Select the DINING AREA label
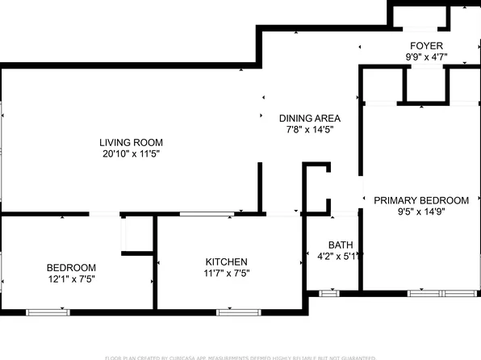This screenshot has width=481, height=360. pyautogui.click(x=310, y=117)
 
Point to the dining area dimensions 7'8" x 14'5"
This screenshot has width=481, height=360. pyautogui.click(x=310, y=129)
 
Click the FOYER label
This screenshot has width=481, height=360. pyautogui.click(x=426, y=46)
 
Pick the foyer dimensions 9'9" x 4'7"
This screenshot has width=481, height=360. pyautogui.click(x=426, y=58)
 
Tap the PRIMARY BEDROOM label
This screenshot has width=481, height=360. pyautogui.click(x=421, y=200)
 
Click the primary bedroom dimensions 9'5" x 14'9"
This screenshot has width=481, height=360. pyautogui.click(x=421, y=211)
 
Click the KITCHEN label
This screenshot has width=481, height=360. pyautogui.click(x=226, y=262)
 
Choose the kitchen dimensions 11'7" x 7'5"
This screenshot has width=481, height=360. pyautogui.click(x=226, y=274)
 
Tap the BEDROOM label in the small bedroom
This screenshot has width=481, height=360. pyautogui.click(x=71, y=268)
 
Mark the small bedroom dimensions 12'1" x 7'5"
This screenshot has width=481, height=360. pyautogui.click(x=71, y=280)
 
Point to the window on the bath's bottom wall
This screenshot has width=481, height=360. pyautogui.click(x=330, y=293)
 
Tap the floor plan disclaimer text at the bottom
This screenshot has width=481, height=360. pyautogui.click(x=240, y=357)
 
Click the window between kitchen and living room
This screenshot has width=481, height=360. pyautogui.click(x=208, y=214)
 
